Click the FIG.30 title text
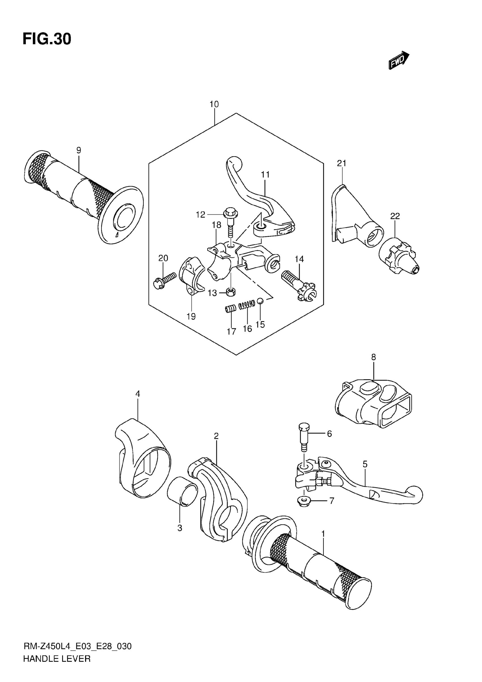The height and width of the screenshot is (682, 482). [x=47, y=39]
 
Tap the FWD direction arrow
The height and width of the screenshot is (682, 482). [x=399, y=60]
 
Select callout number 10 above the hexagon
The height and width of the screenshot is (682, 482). [x=214, y=104]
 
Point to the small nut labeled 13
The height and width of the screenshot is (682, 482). [x=231, y=292]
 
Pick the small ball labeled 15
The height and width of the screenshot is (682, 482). [x=260, y=301]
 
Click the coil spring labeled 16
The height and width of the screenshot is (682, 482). [x=247, y=304]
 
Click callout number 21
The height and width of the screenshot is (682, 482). [x=342, y=163]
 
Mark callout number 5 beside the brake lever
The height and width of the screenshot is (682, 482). [x=365, y=464]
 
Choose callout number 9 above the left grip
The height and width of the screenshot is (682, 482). [x=79, y=150]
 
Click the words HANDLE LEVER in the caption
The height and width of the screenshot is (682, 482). [x=57, y=658]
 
